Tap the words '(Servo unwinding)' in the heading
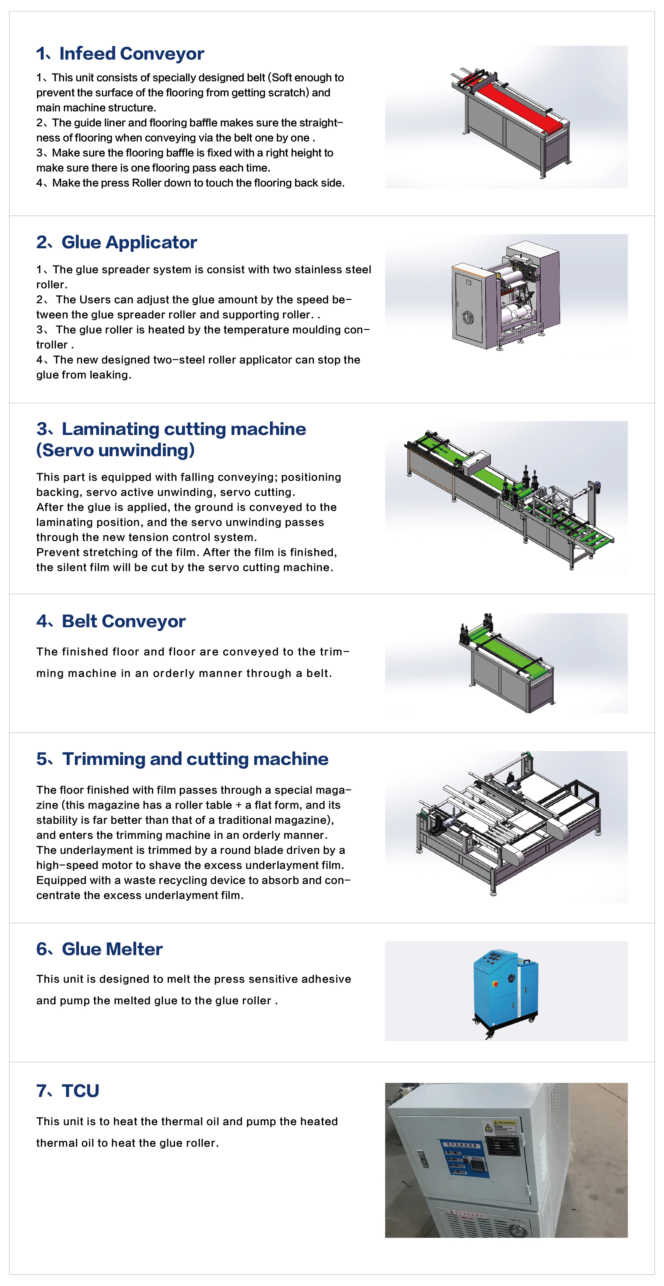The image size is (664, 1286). point(115,450)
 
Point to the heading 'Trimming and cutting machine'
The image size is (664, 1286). point(195,759)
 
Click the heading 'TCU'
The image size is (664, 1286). point(80,1091)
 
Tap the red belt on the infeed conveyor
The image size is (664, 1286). point(514,105)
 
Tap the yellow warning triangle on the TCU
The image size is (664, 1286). point(489,1128)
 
